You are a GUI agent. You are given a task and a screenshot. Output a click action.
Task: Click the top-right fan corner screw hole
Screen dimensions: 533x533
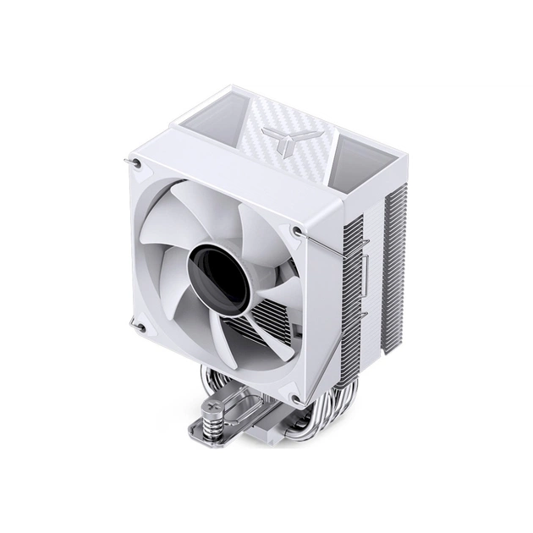point(294,228)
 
